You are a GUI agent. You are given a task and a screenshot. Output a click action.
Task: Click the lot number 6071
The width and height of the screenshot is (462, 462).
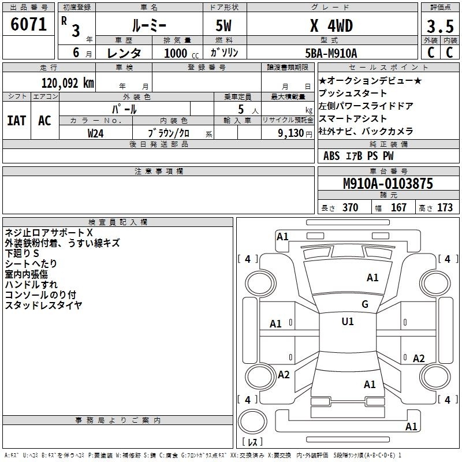point(28,24)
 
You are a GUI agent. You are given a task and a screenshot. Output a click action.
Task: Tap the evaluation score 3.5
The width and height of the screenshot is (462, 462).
point(440,27)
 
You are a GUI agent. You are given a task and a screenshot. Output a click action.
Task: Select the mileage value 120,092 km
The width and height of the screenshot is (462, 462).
point(68,83)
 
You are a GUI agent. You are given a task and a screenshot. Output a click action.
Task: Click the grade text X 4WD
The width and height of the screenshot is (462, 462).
point(331,25)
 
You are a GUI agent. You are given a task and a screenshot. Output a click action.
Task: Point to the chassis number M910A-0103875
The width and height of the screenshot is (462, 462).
point(388,184)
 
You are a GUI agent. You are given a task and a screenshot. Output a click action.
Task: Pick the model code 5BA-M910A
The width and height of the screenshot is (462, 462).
point(331,53)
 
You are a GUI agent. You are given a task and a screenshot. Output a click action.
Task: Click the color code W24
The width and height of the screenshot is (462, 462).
point(95,133)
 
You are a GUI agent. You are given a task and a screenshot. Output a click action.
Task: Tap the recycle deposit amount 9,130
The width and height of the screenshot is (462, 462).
point(290,133)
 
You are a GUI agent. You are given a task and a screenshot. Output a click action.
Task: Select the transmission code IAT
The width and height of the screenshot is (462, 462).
point(17,121)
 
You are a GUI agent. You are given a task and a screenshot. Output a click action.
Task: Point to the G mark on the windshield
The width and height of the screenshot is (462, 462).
point(365,304)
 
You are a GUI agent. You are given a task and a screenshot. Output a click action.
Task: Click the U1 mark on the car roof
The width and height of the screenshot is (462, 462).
point(348,322)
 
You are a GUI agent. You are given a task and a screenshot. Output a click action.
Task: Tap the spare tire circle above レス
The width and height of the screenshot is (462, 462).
point(252,422)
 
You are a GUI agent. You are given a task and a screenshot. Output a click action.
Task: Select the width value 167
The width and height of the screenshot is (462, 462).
point(398,207)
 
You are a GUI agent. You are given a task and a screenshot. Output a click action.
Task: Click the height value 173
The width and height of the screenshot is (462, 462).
point(445,207)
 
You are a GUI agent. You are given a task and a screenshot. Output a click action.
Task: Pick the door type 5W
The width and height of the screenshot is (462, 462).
point(223,25)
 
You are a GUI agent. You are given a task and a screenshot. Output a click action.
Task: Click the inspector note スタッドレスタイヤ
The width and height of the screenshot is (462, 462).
point(43,305)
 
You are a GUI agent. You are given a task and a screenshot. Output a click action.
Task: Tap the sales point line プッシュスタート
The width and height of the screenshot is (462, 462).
point(353,93)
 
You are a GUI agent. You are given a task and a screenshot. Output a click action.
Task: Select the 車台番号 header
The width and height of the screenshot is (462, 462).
point(389,171)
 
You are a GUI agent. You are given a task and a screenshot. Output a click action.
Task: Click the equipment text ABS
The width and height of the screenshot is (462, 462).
point(331,156)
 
